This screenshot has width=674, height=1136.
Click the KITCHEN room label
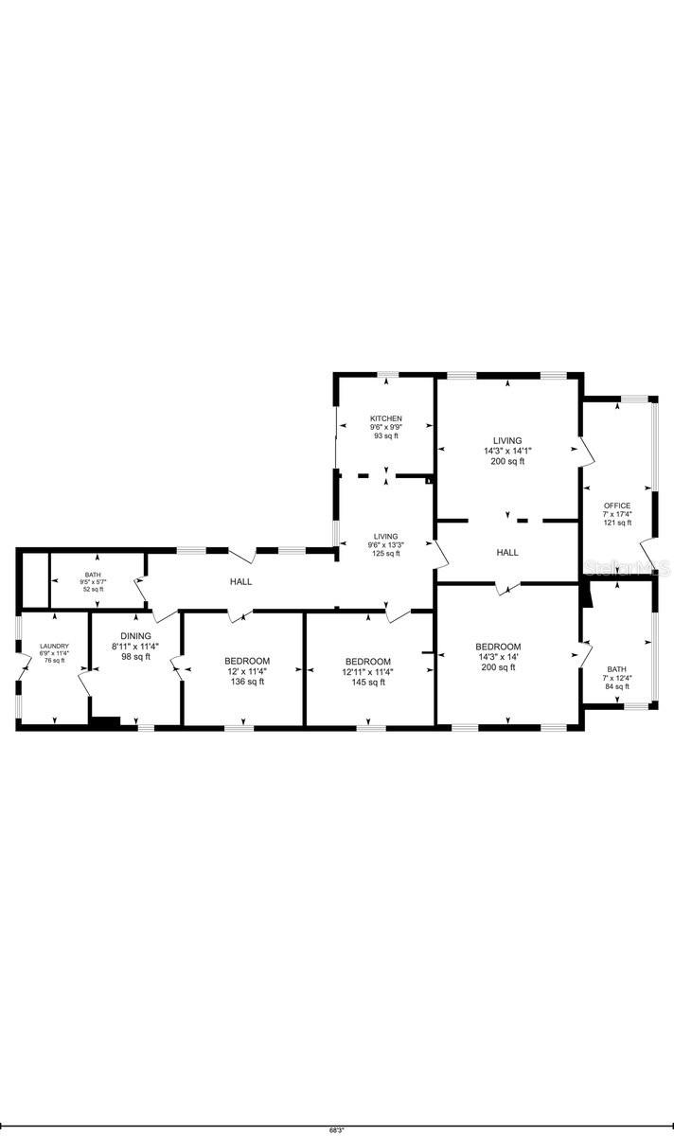click(385, 418)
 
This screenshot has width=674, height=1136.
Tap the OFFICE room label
click(617, 506)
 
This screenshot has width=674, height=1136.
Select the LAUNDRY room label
click(54, 647)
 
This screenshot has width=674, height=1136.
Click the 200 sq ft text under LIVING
click(507, 461)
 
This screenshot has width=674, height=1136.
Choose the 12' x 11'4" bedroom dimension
click(247, 671)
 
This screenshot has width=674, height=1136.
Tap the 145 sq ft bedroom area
click(368, 682)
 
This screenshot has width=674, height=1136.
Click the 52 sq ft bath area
click(93, 589)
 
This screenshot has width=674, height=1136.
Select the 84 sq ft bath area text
click(616, 686)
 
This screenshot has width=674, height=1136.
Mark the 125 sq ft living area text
click(385, 554)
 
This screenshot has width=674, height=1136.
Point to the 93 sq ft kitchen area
click(385, 435)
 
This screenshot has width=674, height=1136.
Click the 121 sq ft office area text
click(617, 523)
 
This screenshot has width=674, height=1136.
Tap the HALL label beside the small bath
click(240, 581)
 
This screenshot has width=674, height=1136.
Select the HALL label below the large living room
click(507, 552)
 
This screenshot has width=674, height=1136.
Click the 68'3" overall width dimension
click(336, 1129)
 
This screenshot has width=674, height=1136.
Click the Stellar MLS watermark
click(627, 568)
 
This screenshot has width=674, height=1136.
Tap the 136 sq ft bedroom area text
click(247, 682)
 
